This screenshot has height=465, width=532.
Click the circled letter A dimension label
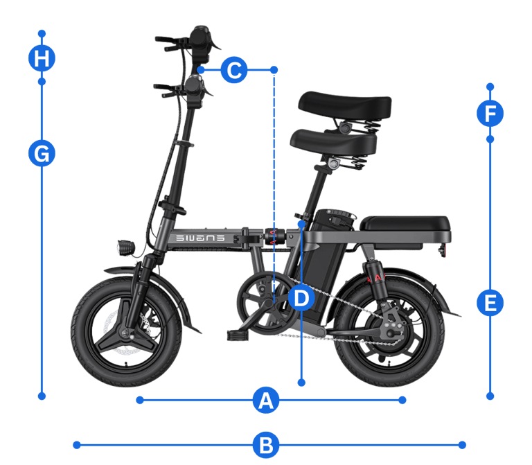266,400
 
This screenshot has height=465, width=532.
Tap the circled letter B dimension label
266,445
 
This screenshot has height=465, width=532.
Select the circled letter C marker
234,70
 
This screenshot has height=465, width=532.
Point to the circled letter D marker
301,298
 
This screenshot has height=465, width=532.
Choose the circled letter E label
490,302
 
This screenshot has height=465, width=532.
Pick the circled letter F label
490,113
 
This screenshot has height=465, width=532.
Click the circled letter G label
42,153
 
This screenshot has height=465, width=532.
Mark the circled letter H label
42,58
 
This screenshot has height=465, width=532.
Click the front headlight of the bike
126,248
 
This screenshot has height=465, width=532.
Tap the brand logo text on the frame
200,238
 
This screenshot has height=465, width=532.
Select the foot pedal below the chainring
237,335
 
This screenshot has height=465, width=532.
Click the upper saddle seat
345,104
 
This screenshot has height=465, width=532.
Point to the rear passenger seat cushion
405,223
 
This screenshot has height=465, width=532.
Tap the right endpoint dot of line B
462,445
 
